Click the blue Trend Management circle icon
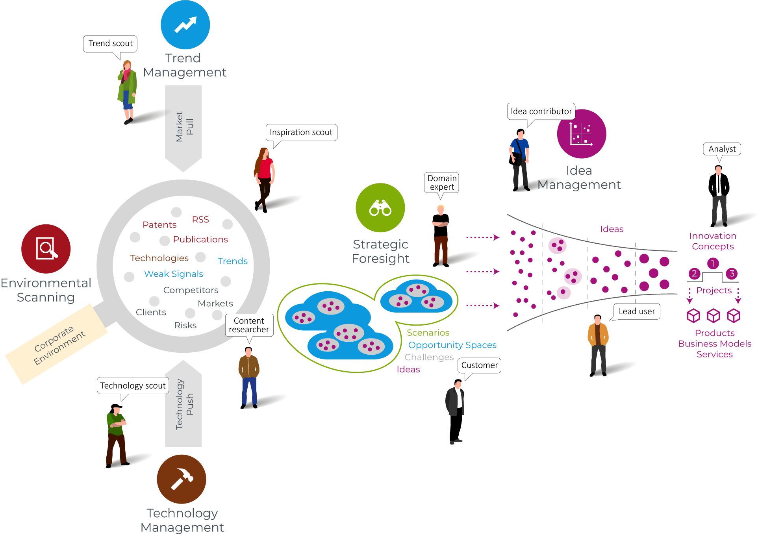pos(185,25)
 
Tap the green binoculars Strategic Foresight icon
pos(380,208)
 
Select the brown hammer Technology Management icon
pos(181,479)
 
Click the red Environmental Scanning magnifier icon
pos(46,249)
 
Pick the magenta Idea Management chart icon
pos(581,134)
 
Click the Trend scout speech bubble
pos(110,44)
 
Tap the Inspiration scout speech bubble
pos(301,133)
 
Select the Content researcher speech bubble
pos(249,325)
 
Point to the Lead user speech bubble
pos(636,311)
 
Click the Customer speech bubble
pos(479,365)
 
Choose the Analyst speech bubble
pos(722,149)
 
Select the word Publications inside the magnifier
pos(200,239)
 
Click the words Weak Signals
pos(174,274)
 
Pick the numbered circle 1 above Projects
pos(712,263)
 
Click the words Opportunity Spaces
pos(452,345)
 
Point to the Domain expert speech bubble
pos(442,183)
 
